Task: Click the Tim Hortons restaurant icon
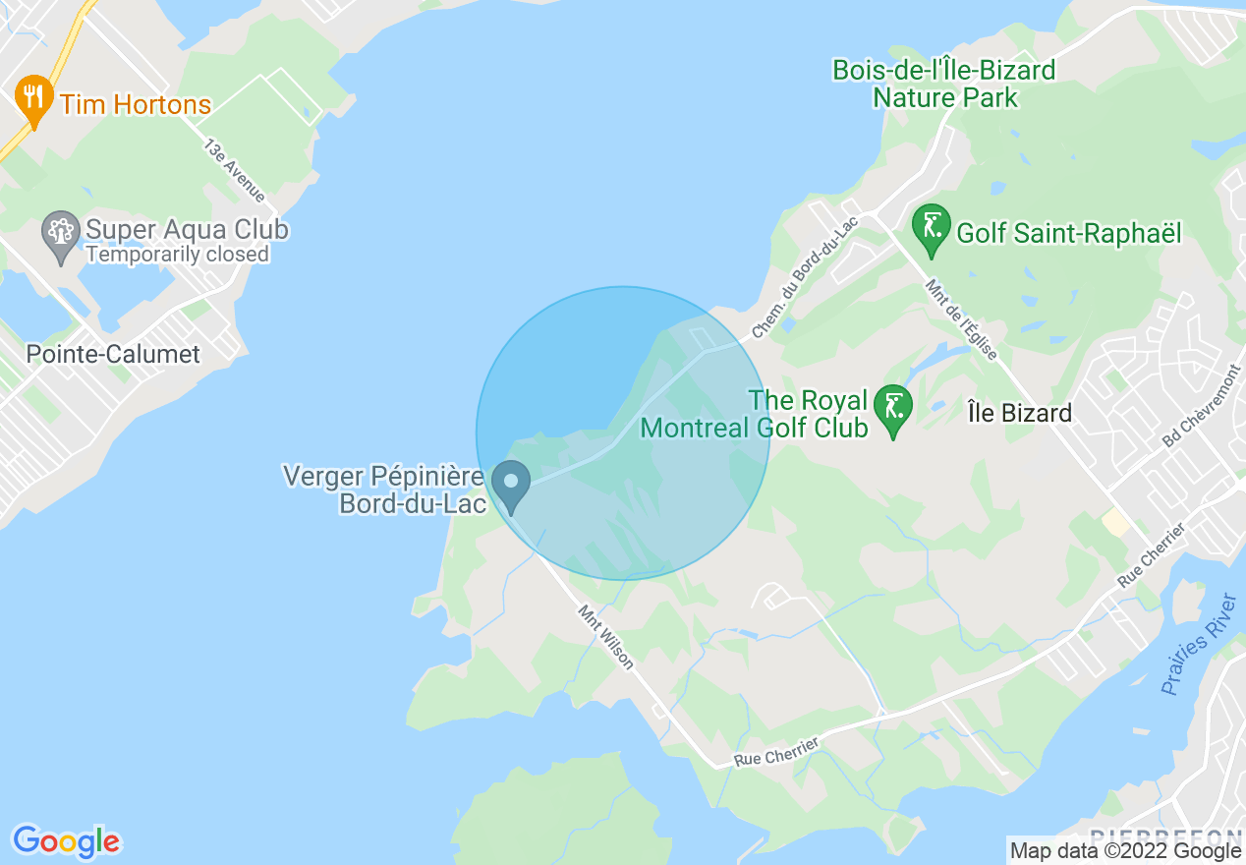[34, 98]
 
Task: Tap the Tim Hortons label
[136, 104]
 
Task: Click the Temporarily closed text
[177, 255]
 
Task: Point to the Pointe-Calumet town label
[113, 354]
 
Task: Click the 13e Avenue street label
[234, 170]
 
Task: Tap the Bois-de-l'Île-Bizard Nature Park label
[943, 84]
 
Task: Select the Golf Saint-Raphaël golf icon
[931, 228]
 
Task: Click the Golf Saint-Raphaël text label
[1068, 234]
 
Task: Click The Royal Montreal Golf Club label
[754, 414]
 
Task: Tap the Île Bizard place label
[1019, 413]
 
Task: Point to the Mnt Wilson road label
[605, 637]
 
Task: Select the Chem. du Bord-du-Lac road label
[805, 278]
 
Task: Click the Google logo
[66, 841]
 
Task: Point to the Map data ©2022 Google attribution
[1126, 851]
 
